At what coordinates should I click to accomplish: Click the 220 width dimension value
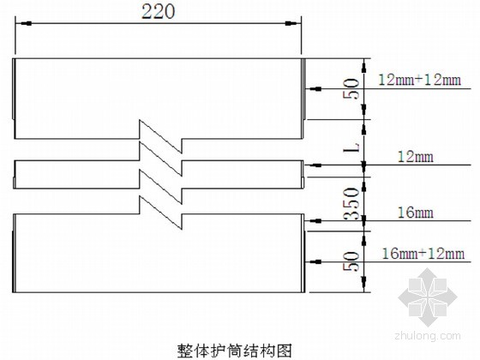(x=159, y=12)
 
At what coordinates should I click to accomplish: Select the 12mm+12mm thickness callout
(x=420, y=80)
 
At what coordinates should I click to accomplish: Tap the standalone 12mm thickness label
(x=416, y=157)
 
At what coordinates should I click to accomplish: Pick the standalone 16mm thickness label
(x=416, y=213)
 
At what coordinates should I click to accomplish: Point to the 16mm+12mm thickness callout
(x=423, y=254)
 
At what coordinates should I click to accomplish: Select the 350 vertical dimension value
(x=351, y=204)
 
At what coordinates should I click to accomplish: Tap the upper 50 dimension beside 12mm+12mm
(x=351, y=89)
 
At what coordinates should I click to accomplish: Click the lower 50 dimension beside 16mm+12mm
(x=351, y=261)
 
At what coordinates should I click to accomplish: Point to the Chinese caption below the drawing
(x=235, y=351)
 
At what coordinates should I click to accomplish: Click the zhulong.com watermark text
(x=428, y=336)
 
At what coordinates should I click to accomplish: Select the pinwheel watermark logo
(x=428, y=297)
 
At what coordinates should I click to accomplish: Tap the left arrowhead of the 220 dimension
(x=26, y=23)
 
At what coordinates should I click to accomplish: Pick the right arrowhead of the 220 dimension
(x=291, y=23)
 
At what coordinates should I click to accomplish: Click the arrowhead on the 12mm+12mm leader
(x=315, y=89)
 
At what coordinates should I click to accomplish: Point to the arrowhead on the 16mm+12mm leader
(x=315, y=261)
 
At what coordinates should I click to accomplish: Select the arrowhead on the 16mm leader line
(x=315, y=220)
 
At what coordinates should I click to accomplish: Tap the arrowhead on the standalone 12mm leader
(x=315, y=165)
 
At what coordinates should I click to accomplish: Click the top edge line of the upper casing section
(x=158, y=58)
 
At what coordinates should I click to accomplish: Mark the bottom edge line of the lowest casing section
(x=159, y=292)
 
